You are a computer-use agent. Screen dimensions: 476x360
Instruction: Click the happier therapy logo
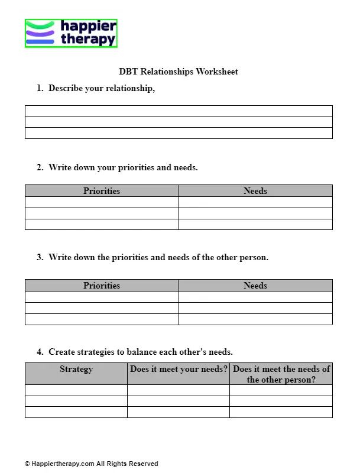coord(71,33)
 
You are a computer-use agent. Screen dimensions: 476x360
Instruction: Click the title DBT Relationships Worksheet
coord(179,72)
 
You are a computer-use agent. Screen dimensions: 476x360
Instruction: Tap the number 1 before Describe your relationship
coord(39,88)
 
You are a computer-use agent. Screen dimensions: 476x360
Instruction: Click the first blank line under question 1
coord(179,111)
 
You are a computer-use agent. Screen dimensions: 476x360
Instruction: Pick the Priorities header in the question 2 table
coord(102,191)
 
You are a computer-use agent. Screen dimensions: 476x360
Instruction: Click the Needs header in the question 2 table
coord(255,191)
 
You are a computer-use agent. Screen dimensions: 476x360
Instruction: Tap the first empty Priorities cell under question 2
coord(102,202)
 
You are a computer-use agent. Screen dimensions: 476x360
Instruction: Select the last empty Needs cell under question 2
coord(255,224)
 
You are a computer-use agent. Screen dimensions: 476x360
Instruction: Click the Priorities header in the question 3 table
coord(102,286)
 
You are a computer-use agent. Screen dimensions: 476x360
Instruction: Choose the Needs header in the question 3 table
coord(255,286)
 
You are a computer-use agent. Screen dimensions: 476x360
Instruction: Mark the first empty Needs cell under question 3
coord(255,297)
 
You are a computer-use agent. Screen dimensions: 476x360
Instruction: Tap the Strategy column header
coord(76,369)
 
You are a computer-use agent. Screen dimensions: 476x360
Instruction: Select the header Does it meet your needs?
coord(179,369)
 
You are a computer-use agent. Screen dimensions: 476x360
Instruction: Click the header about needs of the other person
coord(281,374)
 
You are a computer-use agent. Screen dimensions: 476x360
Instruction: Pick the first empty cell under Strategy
coord(76,390)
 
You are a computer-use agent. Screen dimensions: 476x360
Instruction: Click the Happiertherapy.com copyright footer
coord(92,464)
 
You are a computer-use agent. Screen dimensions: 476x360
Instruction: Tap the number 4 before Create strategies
coord(39,352)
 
